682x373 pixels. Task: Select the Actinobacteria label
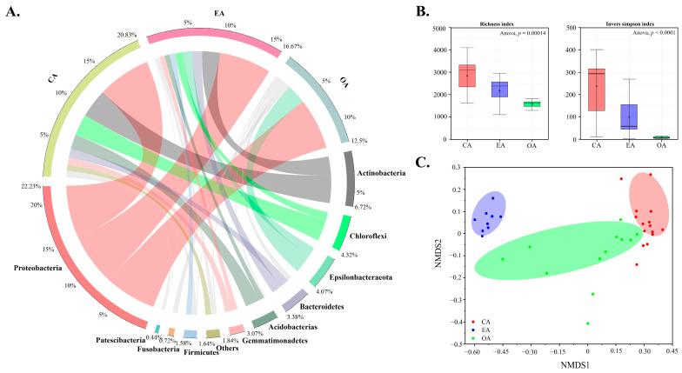tap(384, 174)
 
